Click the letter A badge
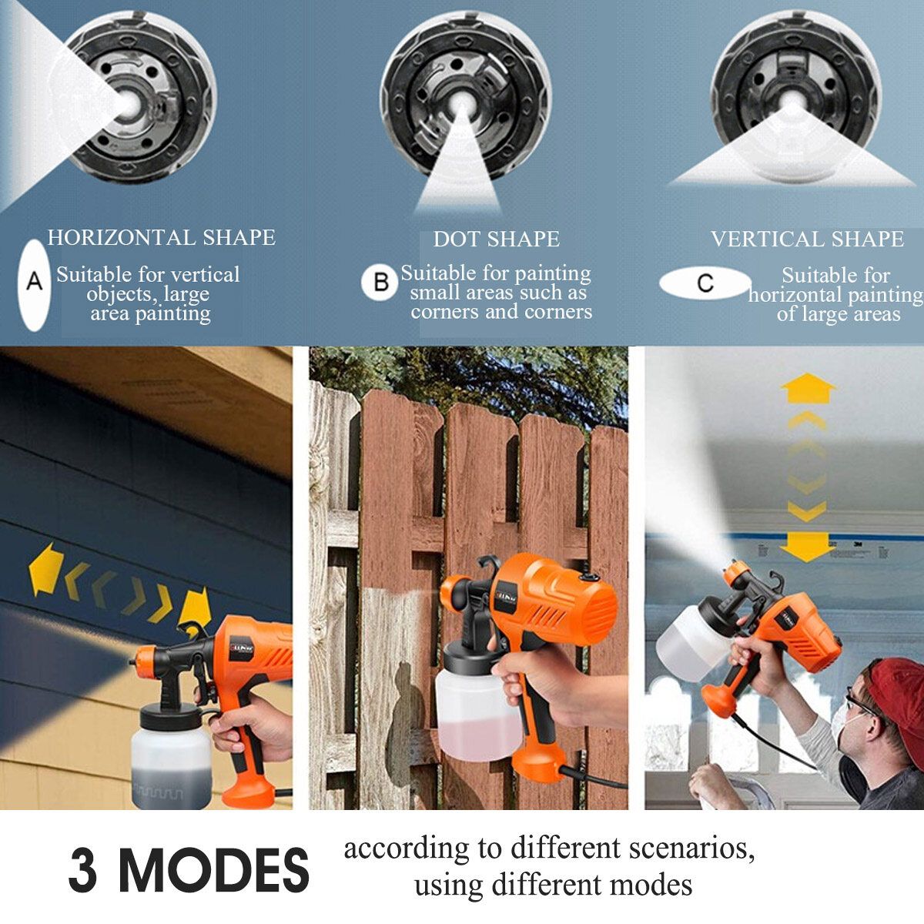pos(35,285)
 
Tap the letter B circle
pos(380,283)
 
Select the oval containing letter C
pos(705,283)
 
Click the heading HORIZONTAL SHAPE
pos(161,238)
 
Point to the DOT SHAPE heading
pos(497,239)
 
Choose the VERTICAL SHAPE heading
pos(807,239)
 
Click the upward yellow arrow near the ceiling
pos(808,388)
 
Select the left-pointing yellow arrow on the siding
pos(45,569)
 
